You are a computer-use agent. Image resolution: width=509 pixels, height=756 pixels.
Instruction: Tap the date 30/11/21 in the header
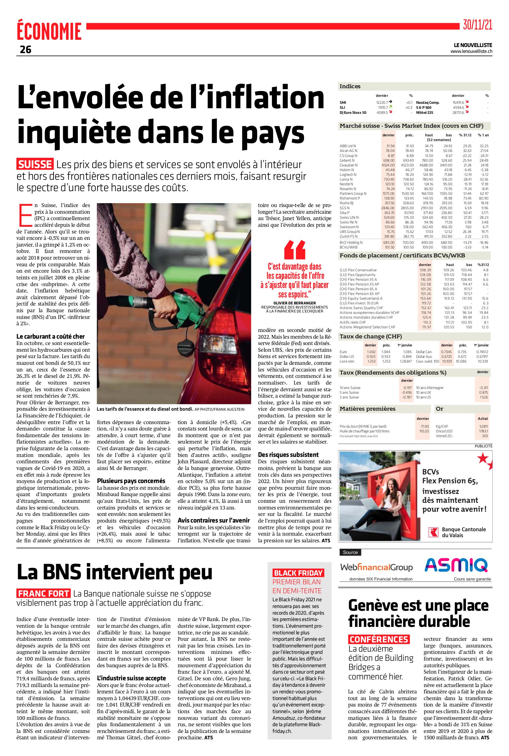[477, 25]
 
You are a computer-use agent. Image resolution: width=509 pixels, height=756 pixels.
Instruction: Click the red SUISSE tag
[35, 164]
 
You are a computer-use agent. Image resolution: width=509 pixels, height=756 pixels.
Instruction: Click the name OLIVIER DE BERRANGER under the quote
[294, 303]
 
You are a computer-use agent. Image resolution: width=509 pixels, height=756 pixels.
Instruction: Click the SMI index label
[343, 103]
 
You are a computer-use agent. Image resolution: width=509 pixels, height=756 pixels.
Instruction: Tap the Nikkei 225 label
[424, 112]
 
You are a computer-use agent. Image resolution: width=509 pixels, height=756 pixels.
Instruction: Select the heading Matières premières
[368, 409]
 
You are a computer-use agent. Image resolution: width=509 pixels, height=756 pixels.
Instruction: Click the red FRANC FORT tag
[43, 594]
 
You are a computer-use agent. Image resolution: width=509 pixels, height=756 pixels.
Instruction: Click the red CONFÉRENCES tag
[379, 639]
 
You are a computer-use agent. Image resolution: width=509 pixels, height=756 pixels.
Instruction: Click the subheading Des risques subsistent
[288, 454]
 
